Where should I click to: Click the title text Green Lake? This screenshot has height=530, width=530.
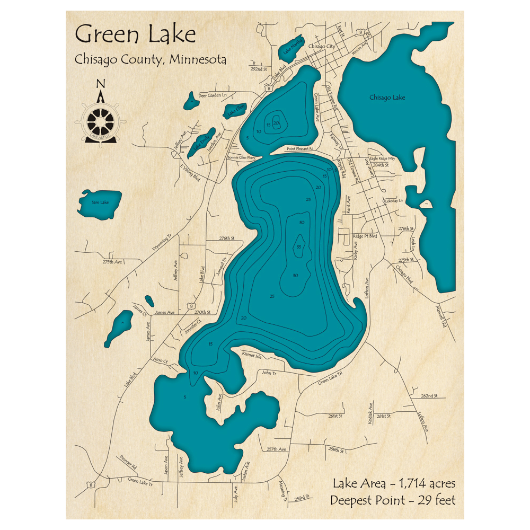(x=135, y=35)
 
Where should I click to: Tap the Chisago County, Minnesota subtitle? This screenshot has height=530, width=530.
(x=151, y=59)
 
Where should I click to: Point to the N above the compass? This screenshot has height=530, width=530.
(x=100, y=84)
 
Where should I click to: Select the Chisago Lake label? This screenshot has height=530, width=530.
(x=387, y=98)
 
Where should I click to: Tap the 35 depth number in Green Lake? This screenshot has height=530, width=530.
(x=299, y=247)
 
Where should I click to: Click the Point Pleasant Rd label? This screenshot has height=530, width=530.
(x=301, y=149)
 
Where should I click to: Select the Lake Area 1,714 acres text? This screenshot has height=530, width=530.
(x=394, y=483)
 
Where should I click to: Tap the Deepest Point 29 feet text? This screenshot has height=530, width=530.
(x=392, y=500)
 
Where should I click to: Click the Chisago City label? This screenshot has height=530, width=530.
(x=322, y=47)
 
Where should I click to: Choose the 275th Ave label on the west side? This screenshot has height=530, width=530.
(x=112, y=262)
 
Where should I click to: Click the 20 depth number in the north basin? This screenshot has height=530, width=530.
(x=276, y=123)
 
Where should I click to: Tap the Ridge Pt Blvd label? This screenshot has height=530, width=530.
(x=365, y=235)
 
